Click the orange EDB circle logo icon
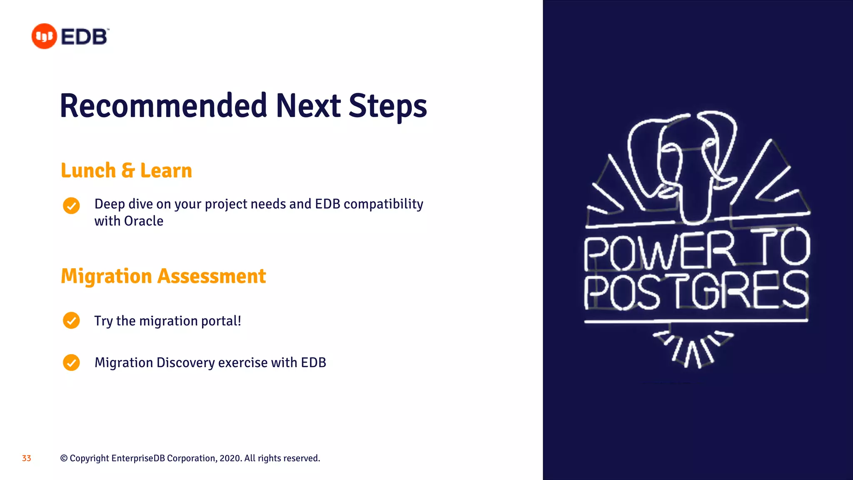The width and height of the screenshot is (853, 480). point(44,36)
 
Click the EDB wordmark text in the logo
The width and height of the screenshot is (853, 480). point(85,37)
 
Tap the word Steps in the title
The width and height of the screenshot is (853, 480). point(387,106)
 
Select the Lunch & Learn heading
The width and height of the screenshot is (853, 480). point(126,170)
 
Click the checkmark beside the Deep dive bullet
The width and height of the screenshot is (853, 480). point(71,206)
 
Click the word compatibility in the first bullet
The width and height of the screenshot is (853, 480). point(383,204)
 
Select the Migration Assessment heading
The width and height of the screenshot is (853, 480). point(163,276)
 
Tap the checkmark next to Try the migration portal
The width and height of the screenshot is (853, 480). point(71,320)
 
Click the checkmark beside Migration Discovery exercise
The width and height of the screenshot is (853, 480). point(71,362)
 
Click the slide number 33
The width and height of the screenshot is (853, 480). point(26,458)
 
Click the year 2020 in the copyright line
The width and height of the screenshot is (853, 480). point(229,458)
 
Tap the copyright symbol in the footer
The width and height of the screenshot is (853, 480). point(64,458)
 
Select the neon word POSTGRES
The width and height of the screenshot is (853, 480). point(696,291)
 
